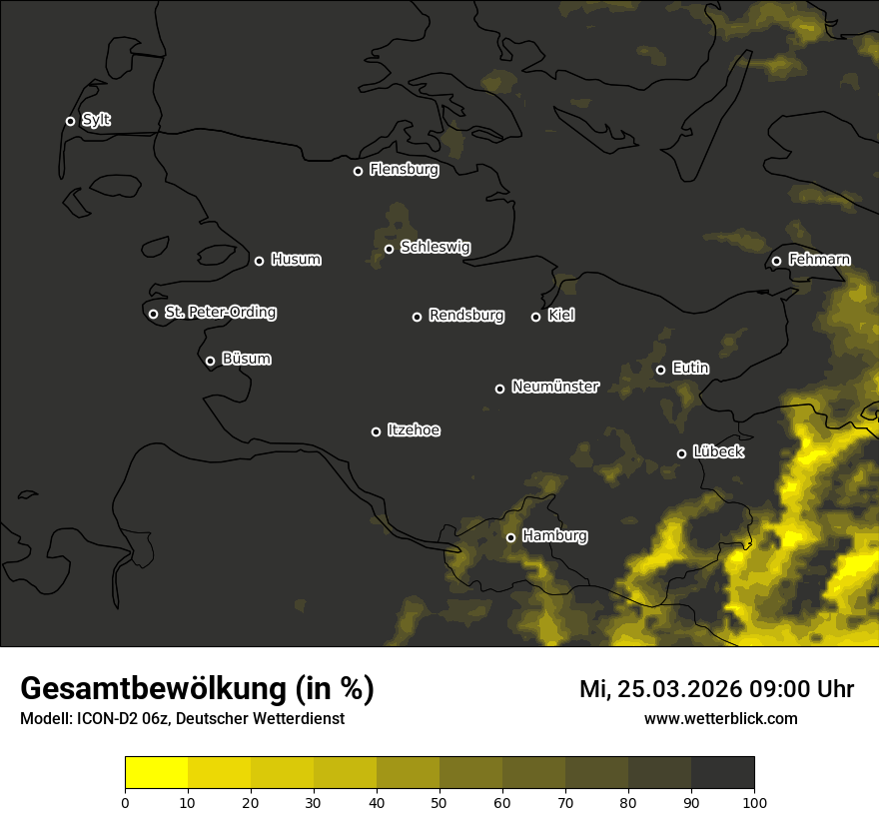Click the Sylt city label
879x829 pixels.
[x=96, y=120]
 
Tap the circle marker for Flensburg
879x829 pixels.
[x=358, y=171]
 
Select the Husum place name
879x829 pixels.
[x=296, y=260]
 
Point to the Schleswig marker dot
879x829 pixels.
[x=389, y=249]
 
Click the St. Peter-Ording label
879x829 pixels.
[x=220, y=313]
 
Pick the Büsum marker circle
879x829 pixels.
[x=210, y=362]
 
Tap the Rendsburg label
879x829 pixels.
[x=465, y=316]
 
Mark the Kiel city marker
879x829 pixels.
[x=535, y=317]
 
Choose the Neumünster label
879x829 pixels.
[x=554, y=387]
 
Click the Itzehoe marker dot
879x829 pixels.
[x=376, y=431]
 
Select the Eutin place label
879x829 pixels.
[x=690, y=369]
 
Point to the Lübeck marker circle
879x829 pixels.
[x=681, y=453]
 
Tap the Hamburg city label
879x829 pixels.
[x=554, y=536]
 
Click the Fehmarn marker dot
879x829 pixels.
[x=776, y=262]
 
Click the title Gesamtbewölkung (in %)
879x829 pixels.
[x=197, y=689]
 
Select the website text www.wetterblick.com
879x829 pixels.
[x=720, y=718]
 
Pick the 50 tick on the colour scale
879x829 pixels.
[x=439, y=802]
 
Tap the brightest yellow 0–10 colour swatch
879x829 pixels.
[x=156, y=772]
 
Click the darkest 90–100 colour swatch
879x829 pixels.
[x=722, y=772]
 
